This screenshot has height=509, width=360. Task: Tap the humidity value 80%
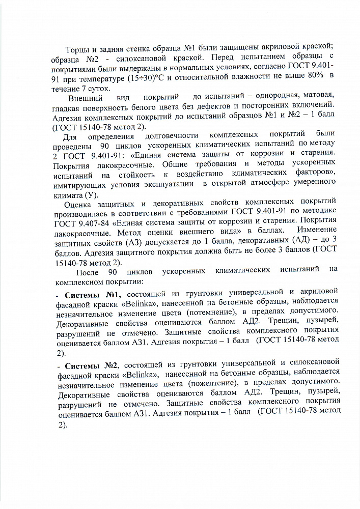pos(313,79)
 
